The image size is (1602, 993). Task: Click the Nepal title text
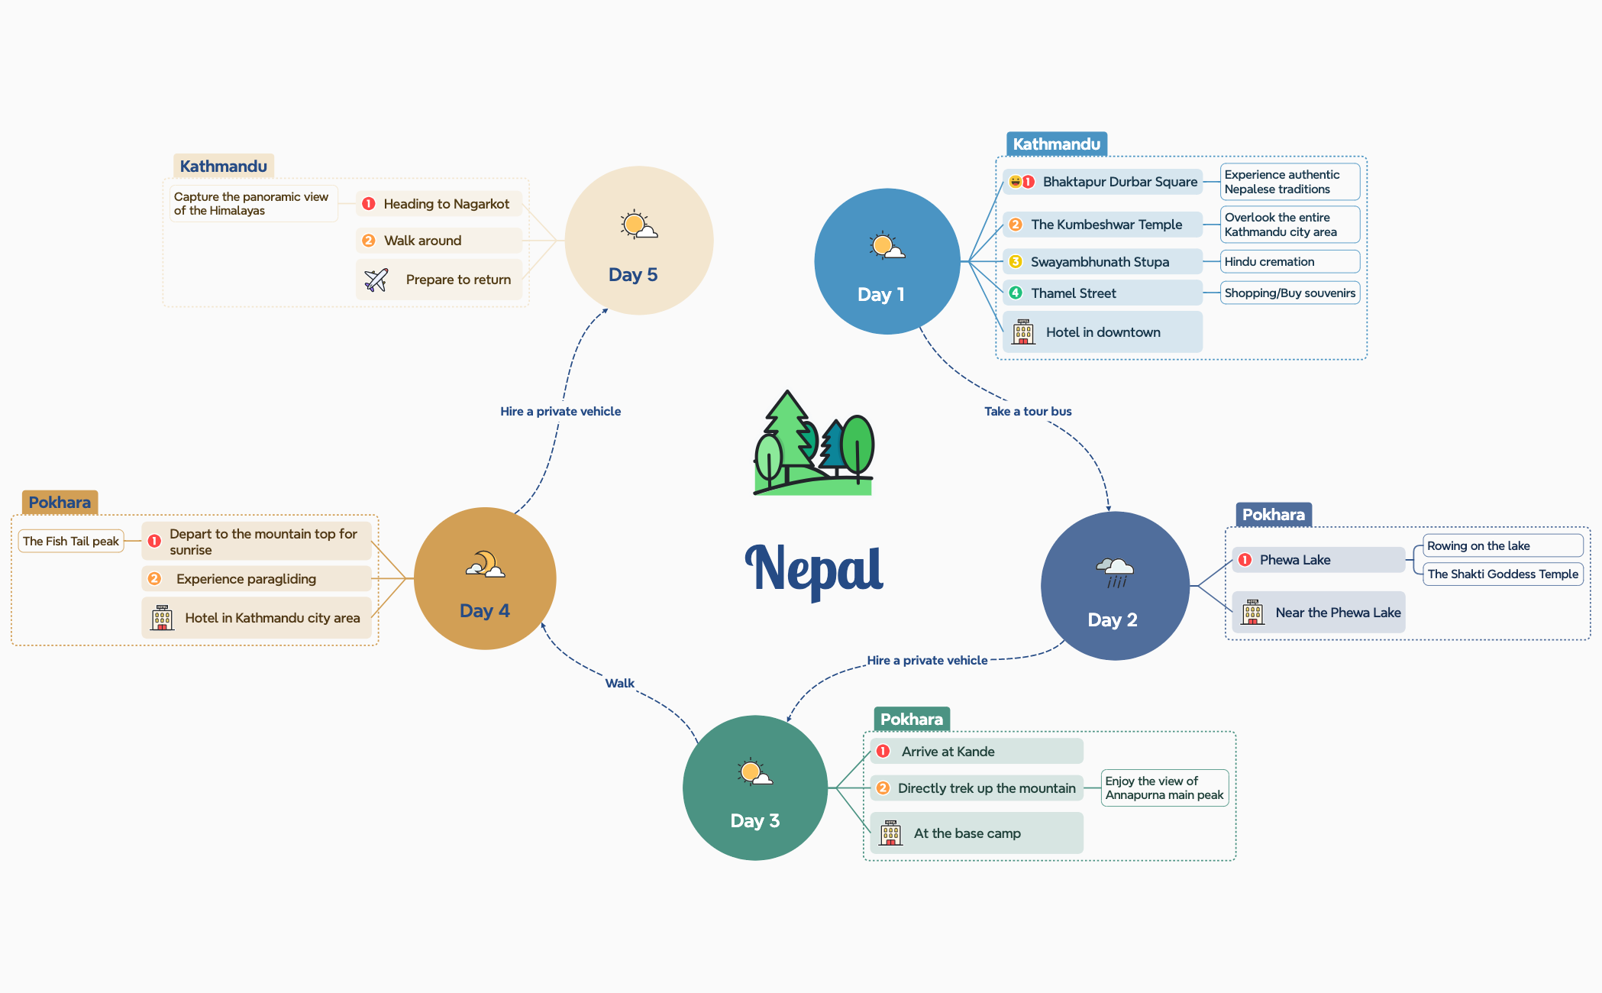[x=814, y=569]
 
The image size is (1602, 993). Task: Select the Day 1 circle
[x=887, y=261]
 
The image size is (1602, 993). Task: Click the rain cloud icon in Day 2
[x=1116, y=571]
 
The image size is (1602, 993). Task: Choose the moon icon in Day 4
[x=485, y=564]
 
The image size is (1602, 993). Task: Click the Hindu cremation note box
[x=1289, y=262]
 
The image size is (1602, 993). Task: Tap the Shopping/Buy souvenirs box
[x=1289, y=293]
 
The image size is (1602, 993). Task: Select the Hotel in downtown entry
[x=1102, y=332]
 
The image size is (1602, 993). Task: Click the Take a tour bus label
[x=1028, y=412]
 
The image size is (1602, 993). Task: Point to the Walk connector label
[x=619, y=684]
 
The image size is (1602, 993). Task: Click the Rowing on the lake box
[x=1501, y=546]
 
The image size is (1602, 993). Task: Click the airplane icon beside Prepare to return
[x=376, y=280]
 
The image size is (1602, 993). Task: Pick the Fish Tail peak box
[x=71, y=542]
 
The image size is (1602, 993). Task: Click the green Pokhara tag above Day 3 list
[x=911, y=720]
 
